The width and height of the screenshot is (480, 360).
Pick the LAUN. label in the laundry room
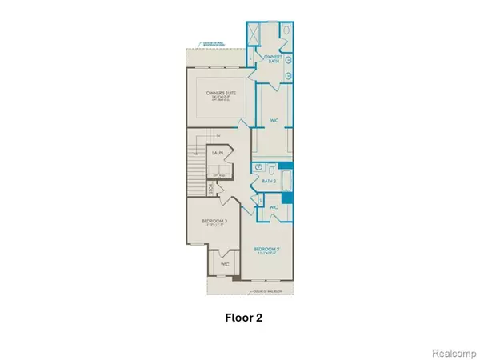coord(218,153)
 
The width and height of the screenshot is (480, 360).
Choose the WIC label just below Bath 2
coord(273,208)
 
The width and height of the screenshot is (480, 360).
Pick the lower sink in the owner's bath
coord(289,73)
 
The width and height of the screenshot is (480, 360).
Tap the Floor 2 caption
coord(239,317)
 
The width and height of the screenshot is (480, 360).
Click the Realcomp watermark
coord(453,350)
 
